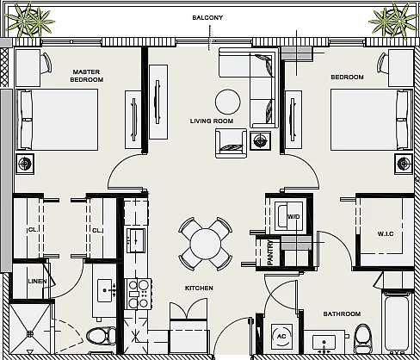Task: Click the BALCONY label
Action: [x=207, y=17]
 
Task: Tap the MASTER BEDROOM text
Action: [x=87, y=76]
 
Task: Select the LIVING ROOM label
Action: [x=212, y=121]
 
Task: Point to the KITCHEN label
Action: [x=199, y=288]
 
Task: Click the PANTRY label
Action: [x=270, y=252]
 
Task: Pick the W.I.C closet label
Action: [x=386, y=234]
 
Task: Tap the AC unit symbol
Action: [x=281, y=336]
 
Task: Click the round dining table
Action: [x=206, y=244]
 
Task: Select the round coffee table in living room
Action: [x=228, y=102]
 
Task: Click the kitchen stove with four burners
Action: [x=138, y=294]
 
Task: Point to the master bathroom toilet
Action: [x=101, y=337]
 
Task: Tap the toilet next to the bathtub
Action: [x=363, y=338]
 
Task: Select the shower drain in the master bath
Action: [x=30, y=334]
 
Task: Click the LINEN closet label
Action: [x=37, y=282]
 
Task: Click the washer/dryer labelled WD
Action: [x=288, y=216]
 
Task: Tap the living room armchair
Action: [x=231, y=143]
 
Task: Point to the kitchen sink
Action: [x=136, y=240]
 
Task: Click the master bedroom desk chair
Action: [x=46, y=63]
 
